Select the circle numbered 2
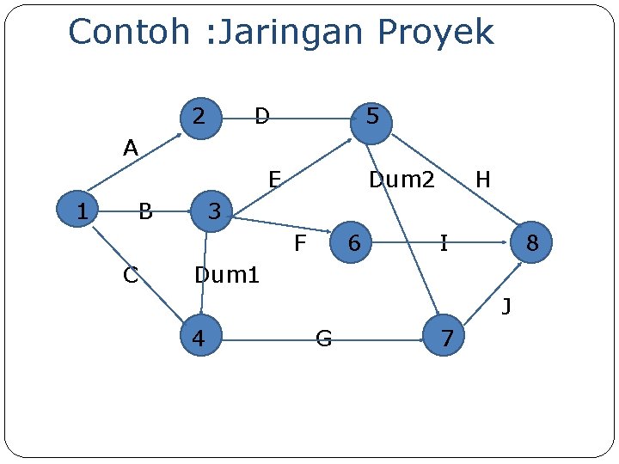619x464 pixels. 199,116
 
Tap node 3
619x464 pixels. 215,211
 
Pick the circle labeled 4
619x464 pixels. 199,338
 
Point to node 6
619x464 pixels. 352,244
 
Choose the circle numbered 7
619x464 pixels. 446,338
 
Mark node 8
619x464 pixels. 531,244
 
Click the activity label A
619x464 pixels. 131,149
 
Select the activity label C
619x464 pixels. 131,275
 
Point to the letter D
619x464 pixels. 262,115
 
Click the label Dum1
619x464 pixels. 227,276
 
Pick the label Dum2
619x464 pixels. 401,180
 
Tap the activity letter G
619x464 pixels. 324,339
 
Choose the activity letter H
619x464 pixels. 483,180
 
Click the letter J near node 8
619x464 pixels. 507,305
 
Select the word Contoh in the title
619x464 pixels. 128,33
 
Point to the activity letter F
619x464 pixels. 300,244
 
